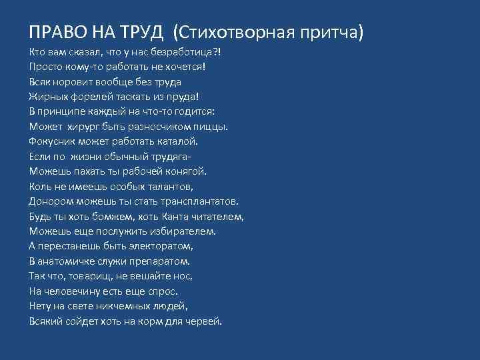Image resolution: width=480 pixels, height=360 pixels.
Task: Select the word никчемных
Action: pos(128,306)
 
